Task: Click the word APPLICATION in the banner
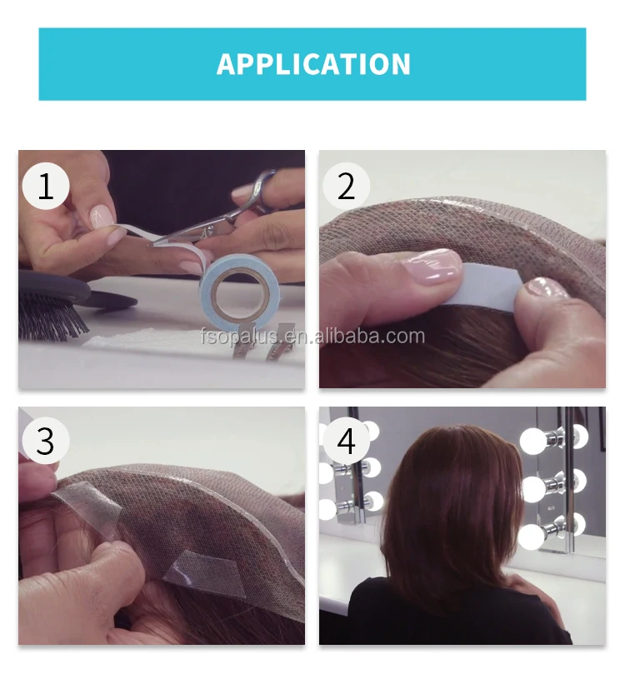pos(313,64)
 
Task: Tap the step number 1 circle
pos(46,186)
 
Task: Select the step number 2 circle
pos(346,186)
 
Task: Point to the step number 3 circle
pos(46,441)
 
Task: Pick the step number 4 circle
pos(346,441)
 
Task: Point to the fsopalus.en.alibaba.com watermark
pos(312,336)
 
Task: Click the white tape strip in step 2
pos(485,285)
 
